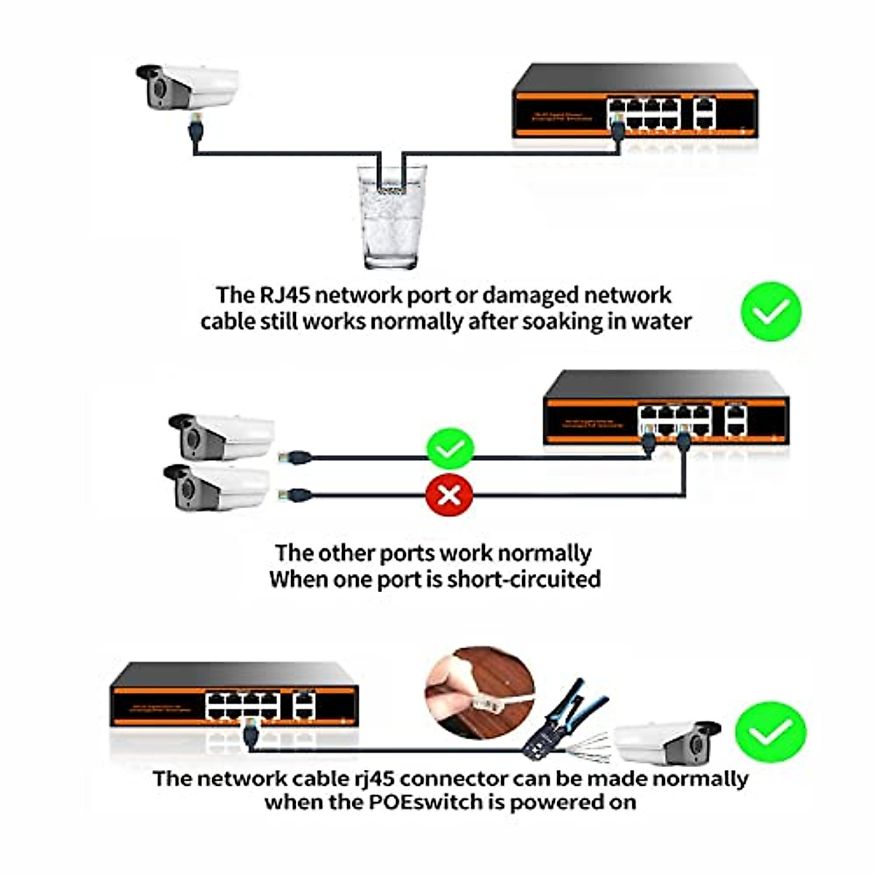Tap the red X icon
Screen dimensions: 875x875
pyautogui.click(x=449, y=495)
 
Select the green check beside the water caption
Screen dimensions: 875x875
pyautogui.click(x=771, y=311)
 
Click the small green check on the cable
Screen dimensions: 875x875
pyautogui.click(x=450, y=449)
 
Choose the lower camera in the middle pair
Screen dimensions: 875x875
pyautogui.click(x=217, y=486)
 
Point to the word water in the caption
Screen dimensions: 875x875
pyautogui.click(x=661, y=322)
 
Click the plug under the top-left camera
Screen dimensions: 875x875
pyautogui.click(x=195, y=129)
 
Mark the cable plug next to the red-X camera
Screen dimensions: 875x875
pyautogui.click(x=297, y=495)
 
